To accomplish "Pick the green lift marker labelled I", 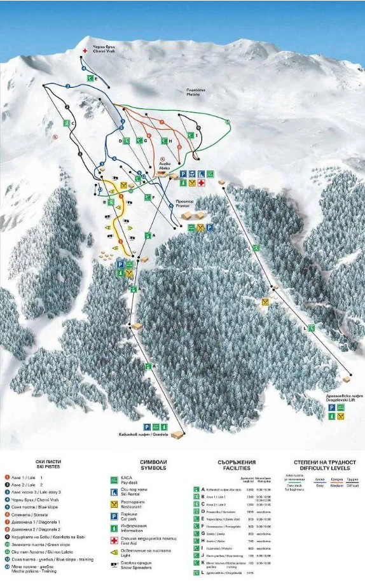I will tap(191, 135).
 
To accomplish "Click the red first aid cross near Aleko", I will tap(201, 183).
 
